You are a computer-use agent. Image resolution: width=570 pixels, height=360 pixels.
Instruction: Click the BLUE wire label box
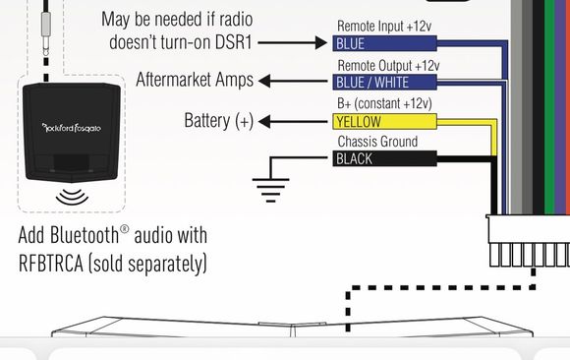(384, 43)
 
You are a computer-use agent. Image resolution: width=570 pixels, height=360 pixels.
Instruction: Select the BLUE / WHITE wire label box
(384, 83)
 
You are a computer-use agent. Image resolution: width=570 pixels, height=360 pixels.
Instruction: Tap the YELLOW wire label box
(384, 122)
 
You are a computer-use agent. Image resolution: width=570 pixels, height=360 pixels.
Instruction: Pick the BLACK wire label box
(384, 158)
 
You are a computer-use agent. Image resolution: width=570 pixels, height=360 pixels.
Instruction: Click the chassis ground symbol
(271, 190)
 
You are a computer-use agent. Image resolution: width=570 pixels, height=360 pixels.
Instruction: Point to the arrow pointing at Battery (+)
(293, 122)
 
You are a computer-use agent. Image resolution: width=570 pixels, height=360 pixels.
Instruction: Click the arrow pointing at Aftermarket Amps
(293, 81)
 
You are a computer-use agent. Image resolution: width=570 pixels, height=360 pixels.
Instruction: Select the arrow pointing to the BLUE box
(293, 42)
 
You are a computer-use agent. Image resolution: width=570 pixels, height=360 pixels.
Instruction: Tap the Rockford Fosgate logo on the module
(72, 128)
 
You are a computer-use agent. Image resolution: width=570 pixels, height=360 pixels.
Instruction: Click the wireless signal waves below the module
(72, 197)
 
